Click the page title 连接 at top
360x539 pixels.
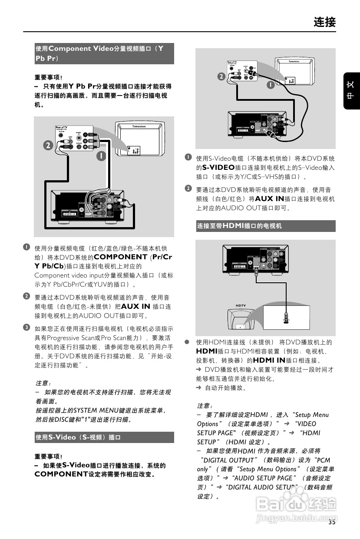pyautogui.click(x=324, y=22)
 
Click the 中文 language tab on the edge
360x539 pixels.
pyautogui.click(x=351, y=90)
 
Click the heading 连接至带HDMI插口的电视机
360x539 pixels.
pyautogui.click(x=239, y=226)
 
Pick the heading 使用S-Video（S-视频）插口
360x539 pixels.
pyautogui.click(x=78, y=437)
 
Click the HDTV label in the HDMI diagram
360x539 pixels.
pyautogui.click(x=241, y=306)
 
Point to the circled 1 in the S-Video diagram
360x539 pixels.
pyautogui.click(x=270, y=85)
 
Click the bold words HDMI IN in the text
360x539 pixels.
pyautogui.click(x=269, y=360)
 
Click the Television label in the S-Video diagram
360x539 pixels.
pyautogui.click(x=300, y=62)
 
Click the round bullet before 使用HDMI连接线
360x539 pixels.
pyautogui.click(x=187, y=342)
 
